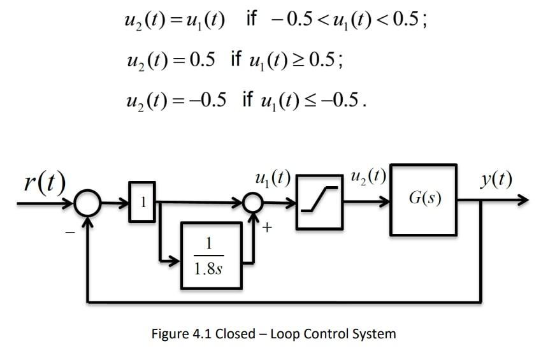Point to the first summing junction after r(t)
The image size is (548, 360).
pyautogui.click(x=88, y=203)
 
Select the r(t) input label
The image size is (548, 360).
pyautogui.click(x=45, y=182)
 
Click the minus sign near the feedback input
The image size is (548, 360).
pyautogui.click(x=69, y=233)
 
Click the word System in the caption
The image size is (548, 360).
pyautogui.click(x=373, y=334)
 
